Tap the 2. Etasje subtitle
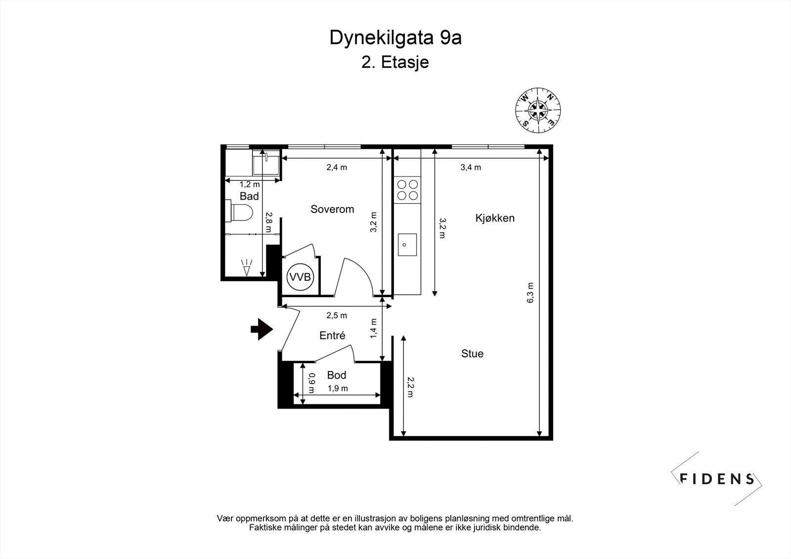coord(395,63)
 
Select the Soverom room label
coord(332,209)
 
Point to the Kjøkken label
coord(495,218)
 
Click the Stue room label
coord(472,353)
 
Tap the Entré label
coord(332,336)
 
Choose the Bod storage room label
coord(336,375)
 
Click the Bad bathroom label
coord(249,196)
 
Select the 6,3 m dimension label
coord(530,293)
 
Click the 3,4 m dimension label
coord(471,167)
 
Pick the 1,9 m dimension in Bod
coord(338,388)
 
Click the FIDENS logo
coord(717,478)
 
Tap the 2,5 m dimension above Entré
coord(337,315)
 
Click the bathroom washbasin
coord(266,163)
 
